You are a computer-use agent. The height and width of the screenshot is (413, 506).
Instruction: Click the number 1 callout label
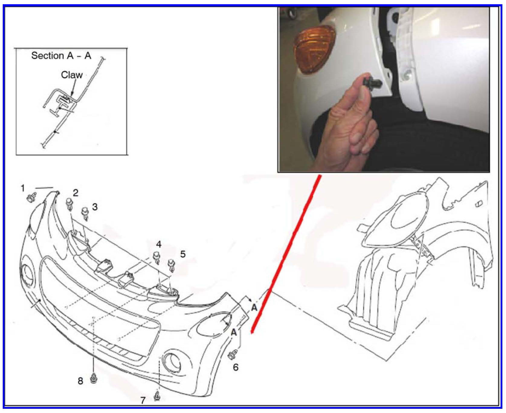23,189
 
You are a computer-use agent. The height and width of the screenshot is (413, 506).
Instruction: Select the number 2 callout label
76,193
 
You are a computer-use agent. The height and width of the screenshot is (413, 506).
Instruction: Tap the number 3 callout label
95,207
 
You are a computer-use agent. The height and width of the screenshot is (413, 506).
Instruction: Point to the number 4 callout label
159,244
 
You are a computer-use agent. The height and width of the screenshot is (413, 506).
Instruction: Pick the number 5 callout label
183,254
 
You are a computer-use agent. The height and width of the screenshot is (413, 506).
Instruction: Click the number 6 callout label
236,367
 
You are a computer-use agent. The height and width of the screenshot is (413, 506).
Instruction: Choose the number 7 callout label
143,401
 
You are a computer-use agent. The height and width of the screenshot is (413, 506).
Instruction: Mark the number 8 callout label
80,381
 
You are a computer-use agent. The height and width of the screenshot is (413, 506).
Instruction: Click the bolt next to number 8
94,378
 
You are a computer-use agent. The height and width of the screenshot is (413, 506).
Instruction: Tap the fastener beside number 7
157,396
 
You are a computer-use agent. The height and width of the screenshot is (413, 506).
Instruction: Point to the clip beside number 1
31,197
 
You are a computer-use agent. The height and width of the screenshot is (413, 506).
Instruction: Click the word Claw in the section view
72,75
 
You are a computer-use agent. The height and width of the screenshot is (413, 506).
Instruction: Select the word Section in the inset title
47,56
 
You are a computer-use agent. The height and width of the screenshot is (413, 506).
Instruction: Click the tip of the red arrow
251,334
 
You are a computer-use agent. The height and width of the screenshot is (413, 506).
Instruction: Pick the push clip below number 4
157,257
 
